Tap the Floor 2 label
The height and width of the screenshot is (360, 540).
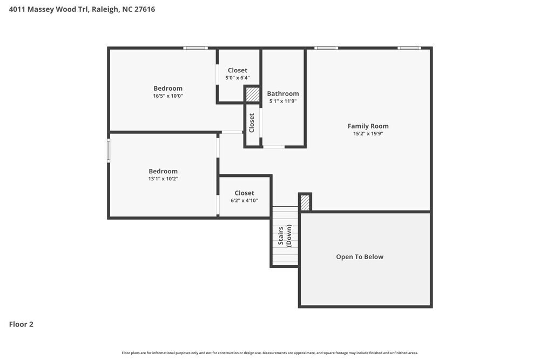pos(21,324)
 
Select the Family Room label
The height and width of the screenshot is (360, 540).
pos(368,126)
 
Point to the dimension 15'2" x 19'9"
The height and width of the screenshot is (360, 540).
pos(368,134)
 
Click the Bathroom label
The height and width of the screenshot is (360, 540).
pos(282,93)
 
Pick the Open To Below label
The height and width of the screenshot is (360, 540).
pos(360,257)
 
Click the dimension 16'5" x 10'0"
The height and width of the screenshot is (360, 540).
pos(168,96)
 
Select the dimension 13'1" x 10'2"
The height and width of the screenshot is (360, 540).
pos(163,179)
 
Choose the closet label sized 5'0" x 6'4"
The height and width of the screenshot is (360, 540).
pos(237,70)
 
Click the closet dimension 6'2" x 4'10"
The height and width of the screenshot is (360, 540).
pos(244,200)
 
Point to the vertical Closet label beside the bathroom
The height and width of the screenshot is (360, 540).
pos(252,123)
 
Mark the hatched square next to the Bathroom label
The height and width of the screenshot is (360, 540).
pos(252,94)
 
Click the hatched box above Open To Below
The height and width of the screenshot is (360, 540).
pos(305,202)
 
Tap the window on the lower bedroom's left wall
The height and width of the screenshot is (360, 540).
pos(109,151)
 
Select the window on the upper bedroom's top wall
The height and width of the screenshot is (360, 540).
pos(195,48)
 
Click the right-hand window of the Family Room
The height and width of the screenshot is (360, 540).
pos(409,48)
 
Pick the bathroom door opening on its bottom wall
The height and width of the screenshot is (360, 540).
pos(274,147)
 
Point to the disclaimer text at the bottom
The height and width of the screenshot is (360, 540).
pos(270,353)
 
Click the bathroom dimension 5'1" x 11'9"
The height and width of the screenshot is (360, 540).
pos(282,101)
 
